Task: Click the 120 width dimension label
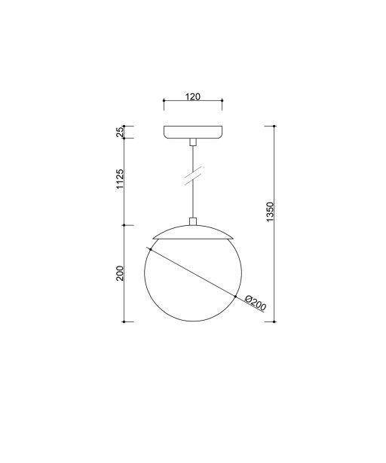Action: point(193,97)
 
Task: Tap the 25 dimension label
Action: point(120,132)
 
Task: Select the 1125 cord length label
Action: point(120,180)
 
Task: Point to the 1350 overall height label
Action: point(270,212)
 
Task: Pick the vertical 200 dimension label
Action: point(120,273)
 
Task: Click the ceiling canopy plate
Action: point(193,132)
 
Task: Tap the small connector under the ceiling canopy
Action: point(193,142)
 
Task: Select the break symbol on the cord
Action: point(193,175)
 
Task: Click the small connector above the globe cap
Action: point(193,221)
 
